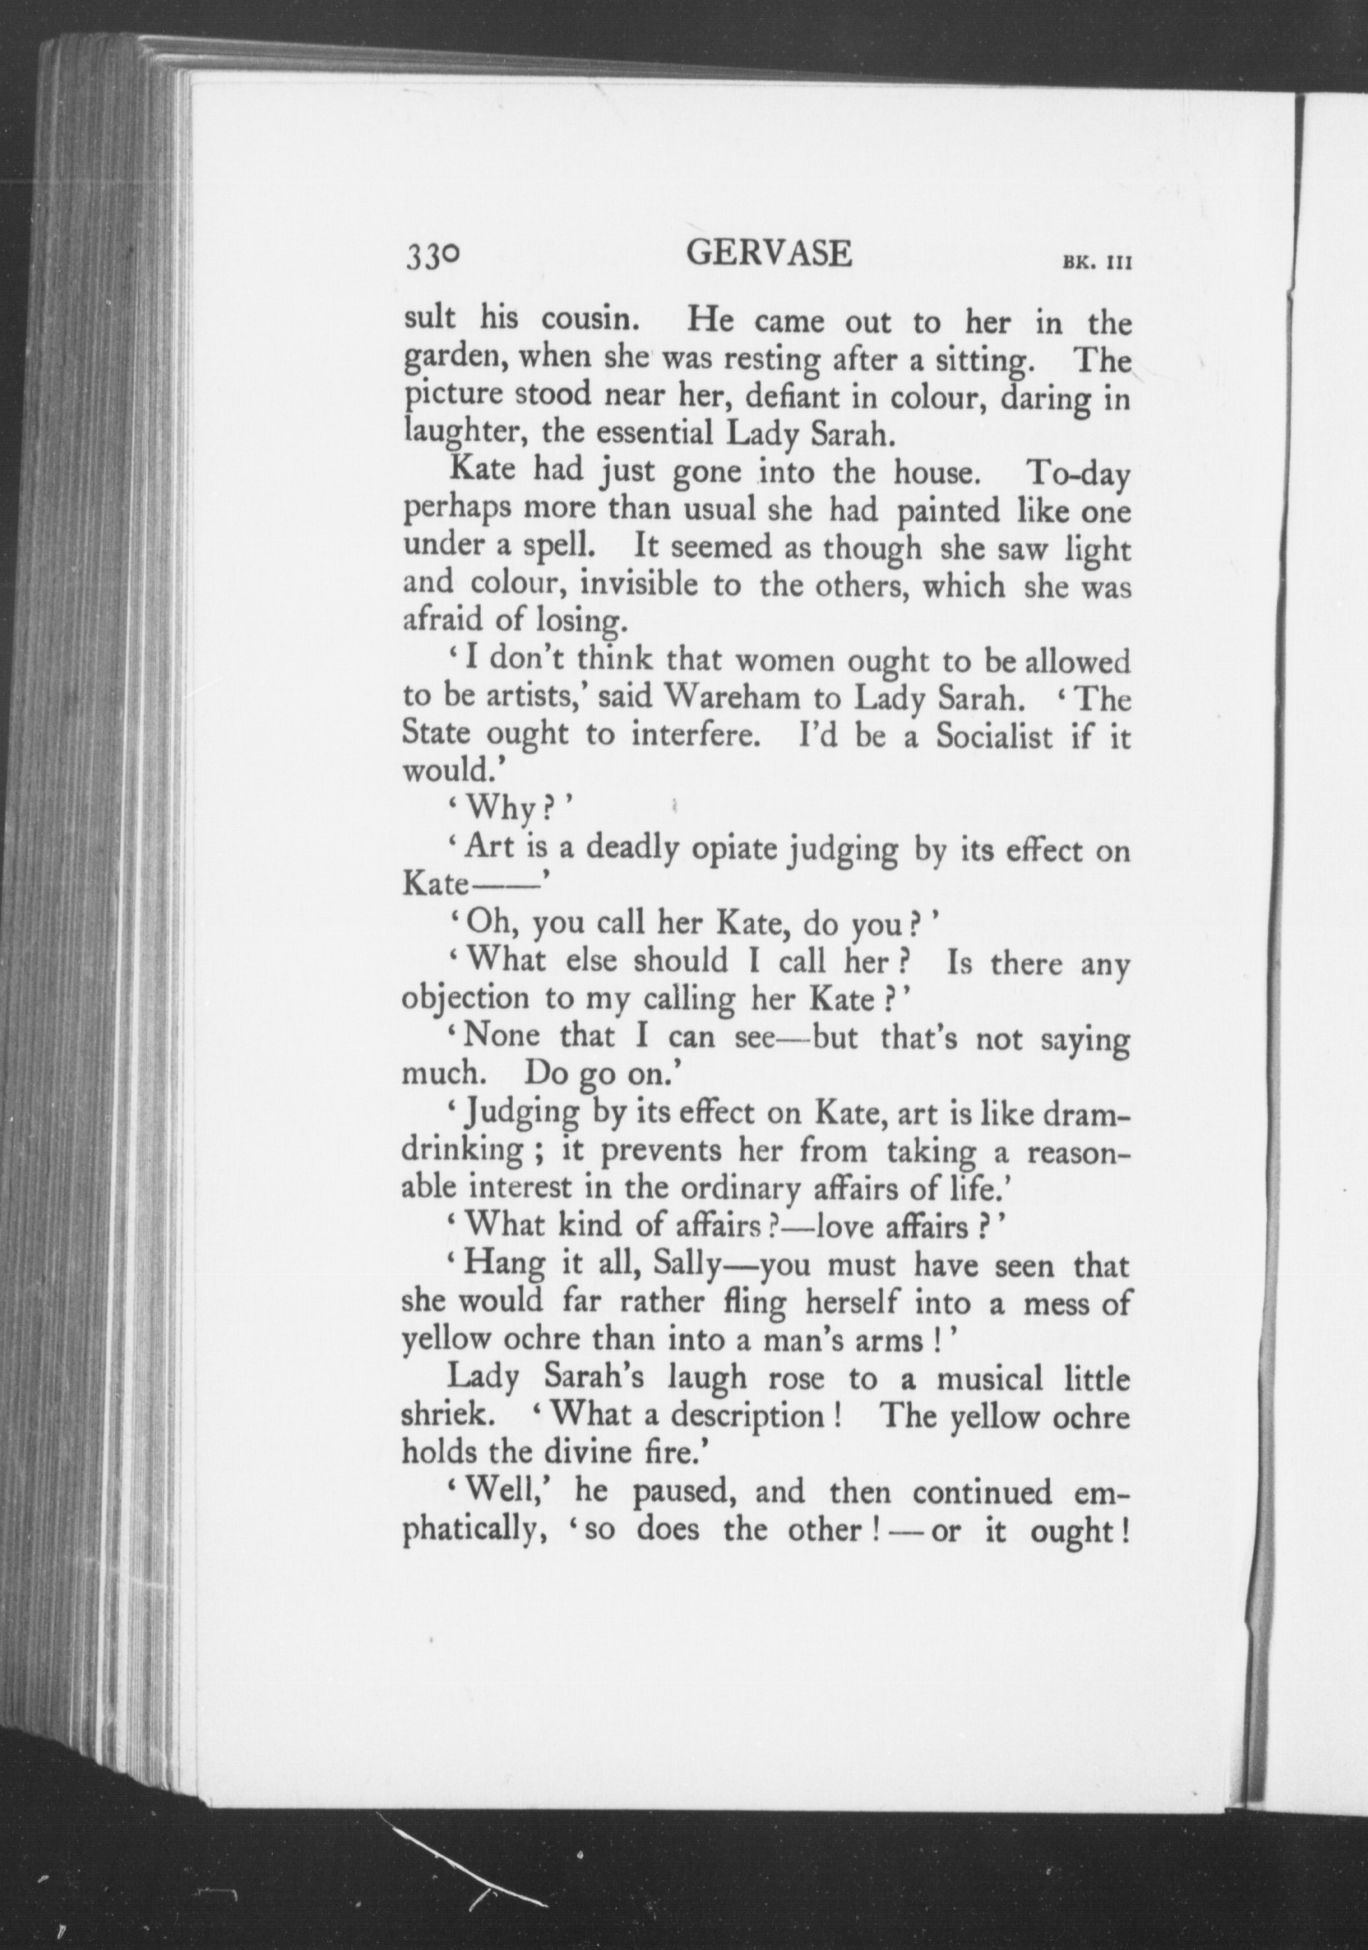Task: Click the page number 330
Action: (x=433, y=256)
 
